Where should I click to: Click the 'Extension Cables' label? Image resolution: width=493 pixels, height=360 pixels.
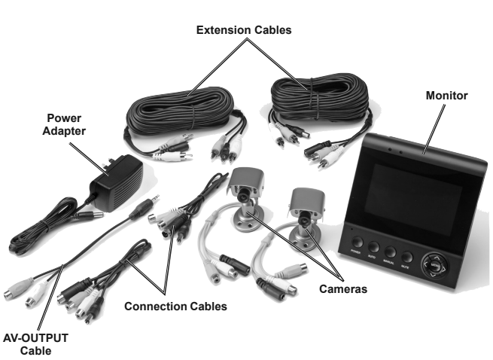pyautogui.click(x=243, y=30)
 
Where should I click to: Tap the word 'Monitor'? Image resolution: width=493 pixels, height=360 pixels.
pyautogui.click(x=446, y=96)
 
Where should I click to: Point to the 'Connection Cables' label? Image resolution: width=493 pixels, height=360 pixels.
pyautogui.click(x=175, y=307)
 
